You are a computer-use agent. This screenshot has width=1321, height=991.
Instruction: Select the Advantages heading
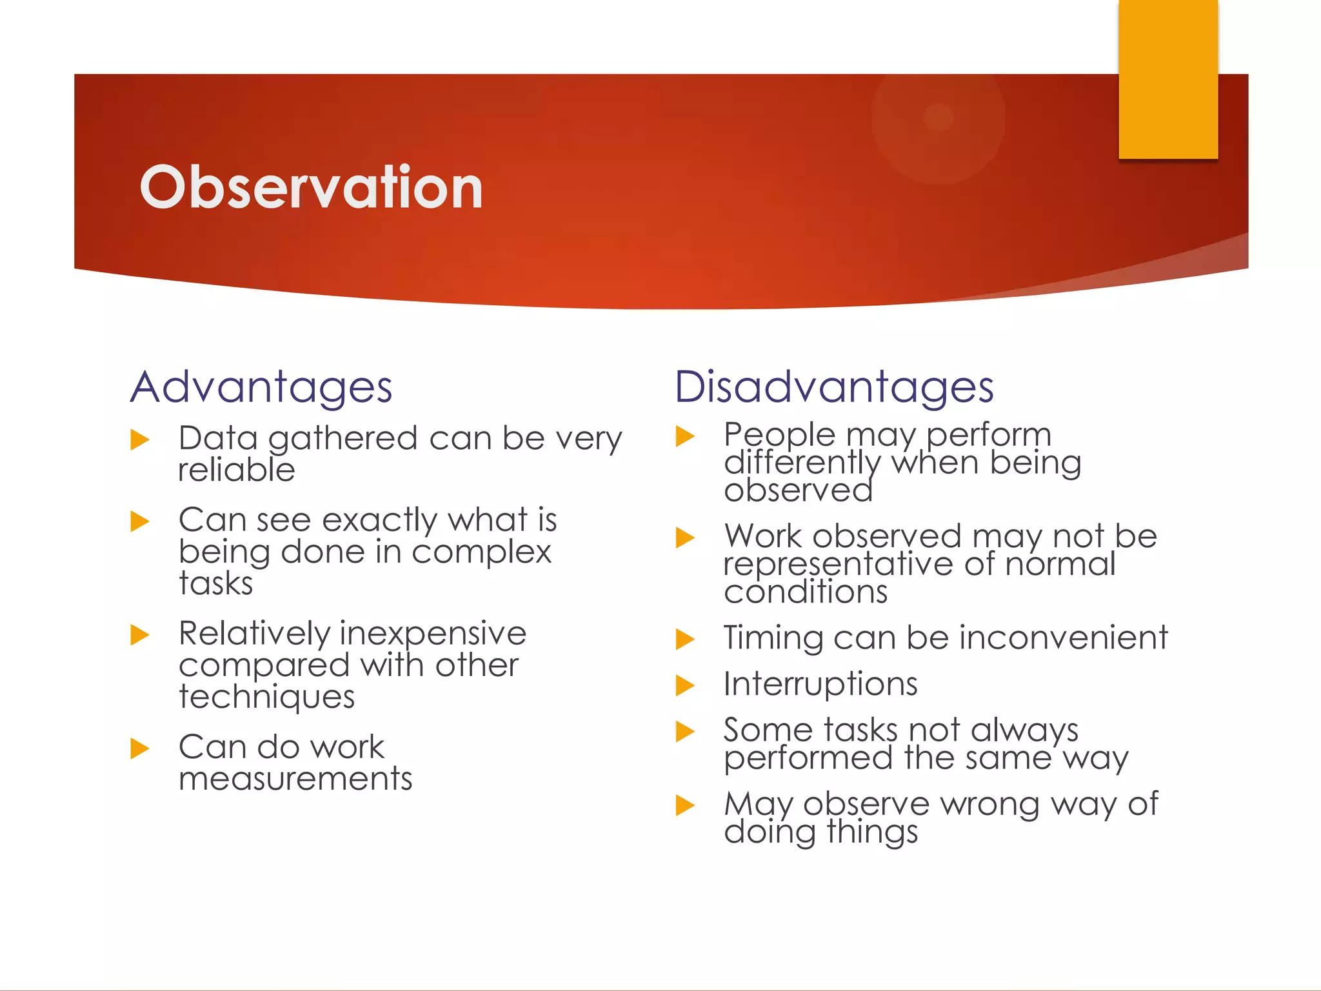point(261,387)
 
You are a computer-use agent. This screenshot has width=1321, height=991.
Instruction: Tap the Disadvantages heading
point(833,387)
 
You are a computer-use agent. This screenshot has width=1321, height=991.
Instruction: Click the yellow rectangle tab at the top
point(1168,79)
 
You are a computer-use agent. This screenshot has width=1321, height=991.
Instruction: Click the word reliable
point(237,470)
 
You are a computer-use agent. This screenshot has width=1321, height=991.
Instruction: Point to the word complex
point(481,552)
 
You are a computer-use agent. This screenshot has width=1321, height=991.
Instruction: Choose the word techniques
point(266,697)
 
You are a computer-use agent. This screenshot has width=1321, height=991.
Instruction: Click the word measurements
point(295,779)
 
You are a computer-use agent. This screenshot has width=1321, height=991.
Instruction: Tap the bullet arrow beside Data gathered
point(139,440)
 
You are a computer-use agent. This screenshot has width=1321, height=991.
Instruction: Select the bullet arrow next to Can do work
point(139,748)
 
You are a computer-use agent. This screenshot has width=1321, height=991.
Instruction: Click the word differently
point(802,463)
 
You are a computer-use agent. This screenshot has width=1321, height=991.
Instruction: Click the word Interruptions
point(820,684)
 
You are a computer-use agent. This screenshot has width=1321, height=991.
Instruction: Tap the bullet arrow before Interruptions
point(684,685)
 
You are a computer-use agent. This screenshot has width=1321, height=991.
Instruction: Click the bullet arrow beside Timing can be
point(684,639)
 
